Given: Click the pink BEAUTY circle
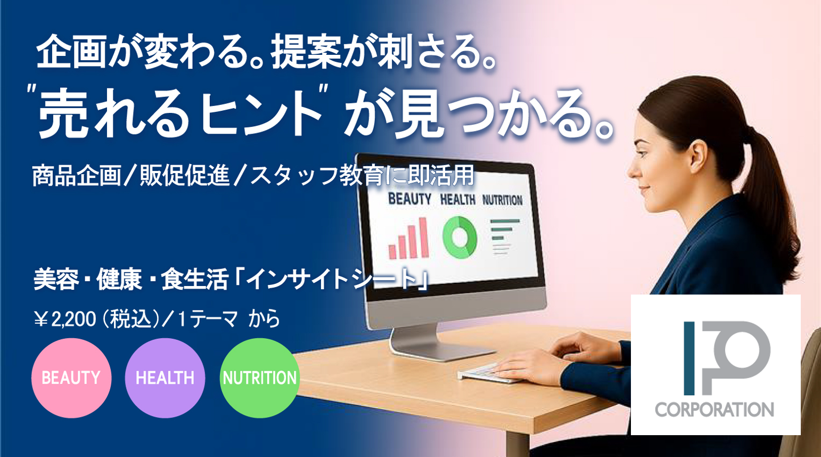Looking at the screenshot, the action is tap(71, 378).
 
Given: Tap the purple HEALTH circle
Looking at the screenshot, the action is tap(165, 378).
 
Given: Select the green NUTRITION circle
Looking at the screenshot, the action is tap(260, 378).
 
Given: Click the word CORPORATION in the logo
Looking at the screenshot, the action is tap(715, 410).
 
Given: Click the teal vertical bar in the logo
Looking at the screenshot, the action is tap(689, 358).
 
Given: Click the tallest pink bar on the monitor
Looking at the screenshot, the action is tap(424, 238).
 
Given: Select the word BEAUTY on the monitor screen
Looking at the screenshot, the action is tap(409, 199).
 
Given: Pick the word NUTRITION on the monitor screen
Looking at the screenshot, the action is tap(502, 200).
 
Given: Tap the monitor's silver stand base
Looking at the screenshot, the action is tap(440, 350).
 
